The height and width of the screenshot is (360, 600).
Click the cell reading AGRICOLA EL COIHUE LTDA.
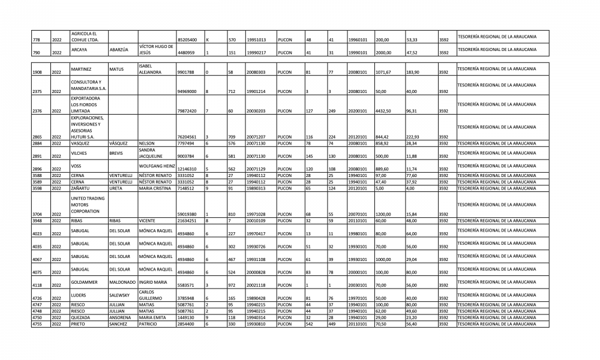[84, 36]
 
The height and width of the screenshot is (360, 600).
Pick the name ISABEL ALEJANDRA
[151, 70]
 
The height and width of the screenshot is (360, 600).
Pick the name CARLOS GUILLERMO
[151, 295]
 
